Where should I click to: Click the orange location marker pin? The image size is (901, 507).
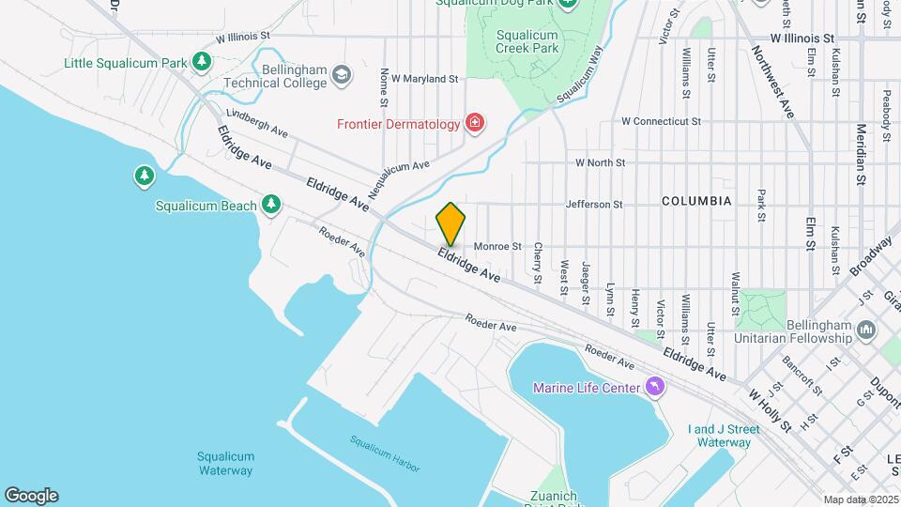450,223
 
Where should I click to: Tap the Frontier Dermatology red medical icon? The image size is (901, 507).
476,124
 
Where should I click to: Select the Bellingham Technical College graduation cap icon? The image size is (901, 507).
343,73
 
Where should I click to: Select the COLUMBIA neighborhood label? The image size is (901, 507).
696,201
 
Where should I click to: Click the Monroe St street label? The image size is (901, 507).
497,247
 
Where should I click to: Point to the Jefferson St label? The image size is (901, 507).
594,204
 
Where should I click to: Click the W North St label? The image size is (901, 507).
600,162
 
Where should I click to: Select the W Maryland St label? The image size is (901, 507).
424,79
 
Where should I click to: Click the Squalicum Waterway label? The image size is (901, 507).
225,463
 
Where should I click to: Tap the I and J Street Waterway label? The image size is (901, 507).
724,436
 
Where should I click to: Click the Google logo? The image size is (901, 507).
31,496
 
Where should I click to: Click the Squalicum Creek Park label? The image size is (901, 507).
527,42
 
